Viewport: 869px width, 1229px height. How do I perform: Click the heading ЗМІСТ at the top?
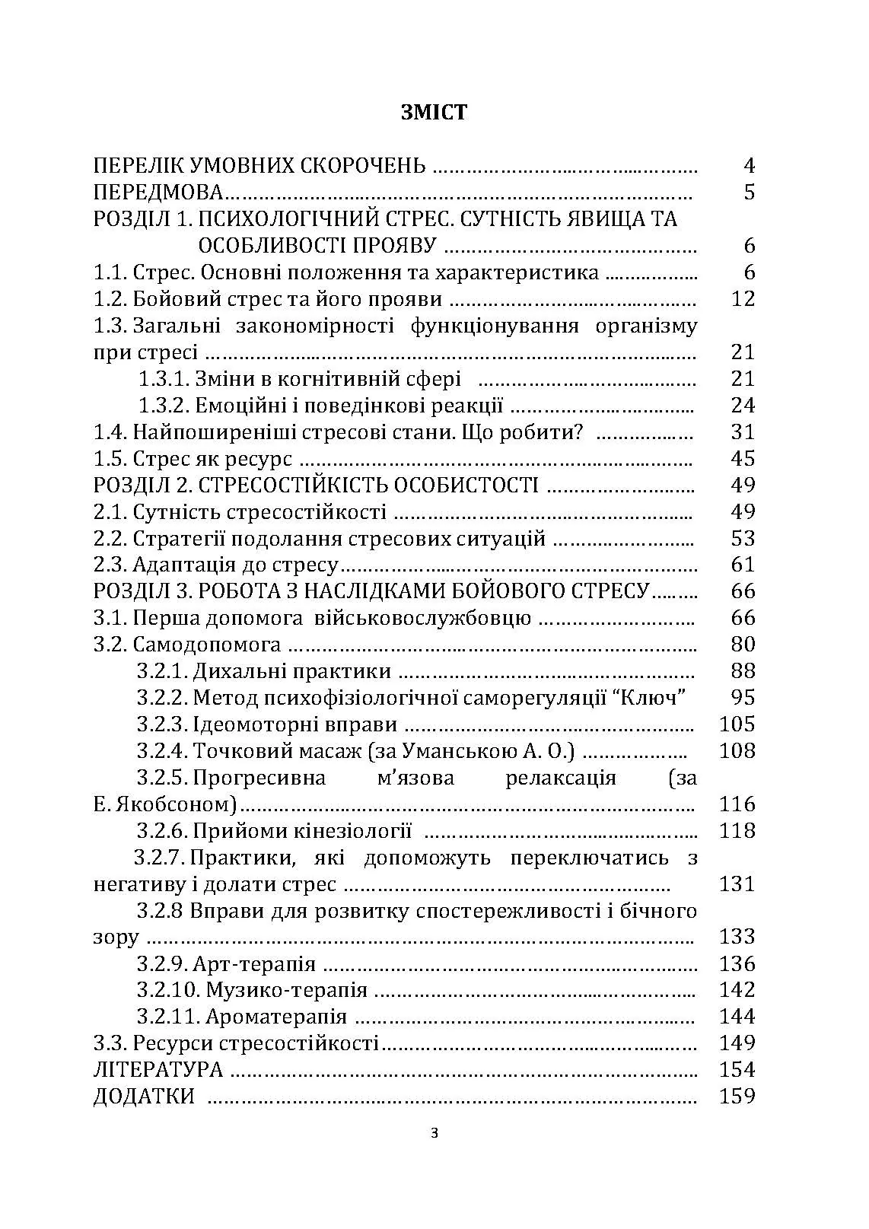coord(434,113)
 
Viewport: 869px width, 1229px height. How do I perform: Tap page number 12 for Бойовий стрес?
coord(742,299)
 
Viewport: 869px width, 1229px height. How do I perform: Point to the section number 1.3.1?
coord(163,379)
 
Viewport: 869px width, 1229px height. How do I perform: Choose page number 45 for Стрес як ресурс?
coord(742,459)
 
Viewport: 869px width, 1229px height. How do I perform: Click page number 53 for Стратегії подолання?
coord(742,539)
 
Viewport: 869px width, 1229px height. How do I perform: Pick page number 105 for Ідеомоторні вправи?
coord(737,724)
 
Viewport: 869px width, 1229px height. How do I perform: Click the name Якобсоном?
coord(171,804)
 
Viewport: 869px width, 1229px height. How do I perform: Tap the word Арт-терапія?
coord(254,964)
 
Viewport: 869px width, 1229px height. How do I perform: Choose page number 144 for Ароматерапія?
coord(737,1017)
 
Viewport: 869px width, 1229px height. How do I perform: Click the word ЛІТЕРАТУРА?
coord(158,1070)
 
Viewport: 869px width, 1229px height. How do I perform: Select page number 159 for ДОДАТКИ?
coord(737,1097)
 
